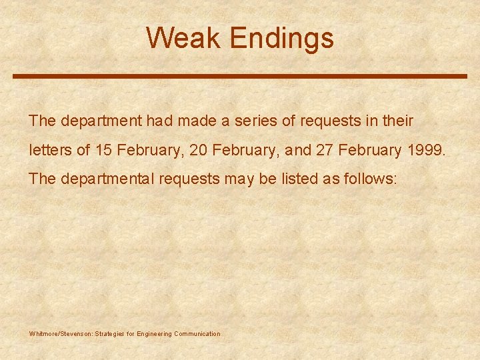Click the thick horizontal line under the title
pyautogui.click(x=240, y=77)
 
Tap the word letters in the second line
pyautogui.click(x=50, y=150)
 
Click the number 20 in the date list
pyautogui.click(x=198, y=150)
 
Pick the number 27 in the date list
pyautogui.click(x=325, y=150)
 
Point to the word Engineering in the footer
pyautogui.click(x=154, y=334)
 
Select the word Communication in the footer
pyautogui.click(x=197, y=334)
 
